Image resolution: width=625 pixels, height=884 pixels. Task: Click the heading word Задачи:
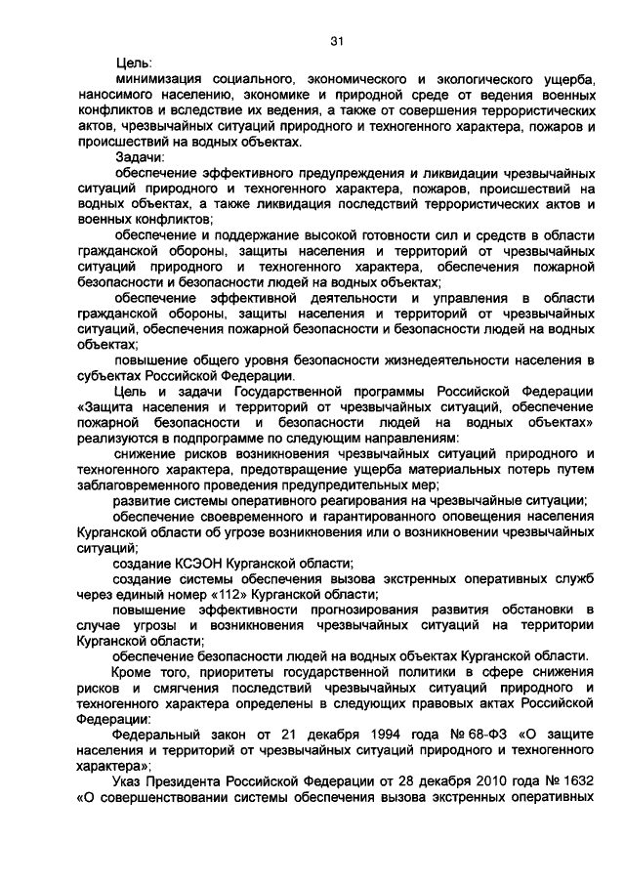click(141, 156)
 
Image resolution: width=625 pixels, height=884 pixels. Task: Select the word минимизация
click(162, 80)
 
